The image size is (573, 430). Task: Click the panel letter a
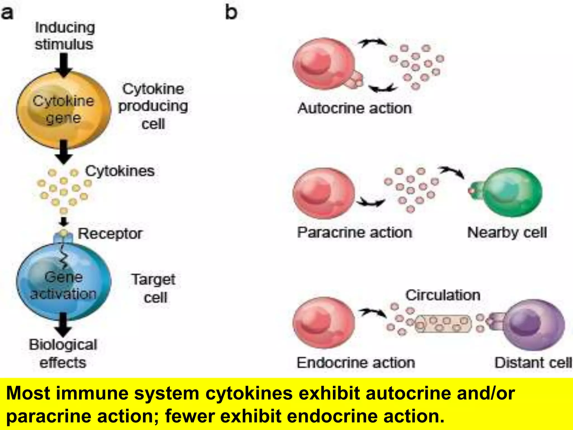coord(7,13)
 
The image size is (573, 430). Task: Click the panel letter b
coord(231,13)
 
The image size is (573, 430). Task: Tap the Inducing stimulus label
coord(64,36)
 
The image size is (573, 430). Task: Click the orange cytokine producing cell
coord(64,110)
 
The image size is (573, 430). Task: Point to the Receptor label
coord(110,233)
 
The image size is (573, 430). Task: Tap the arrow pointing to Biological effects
coord(64,325)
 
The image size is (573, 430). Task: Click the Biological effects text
coord(63,353)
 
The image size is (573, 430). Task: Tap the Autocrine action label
coord(354,108)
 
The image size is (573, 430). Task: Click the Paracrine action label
coord(354,232)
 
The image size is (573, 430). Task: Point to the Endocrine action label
coord(356,363)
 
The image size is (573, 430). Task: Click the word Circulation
coord(443,295)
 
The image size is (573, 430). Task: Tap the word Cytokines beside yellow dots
coord(120,171)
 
